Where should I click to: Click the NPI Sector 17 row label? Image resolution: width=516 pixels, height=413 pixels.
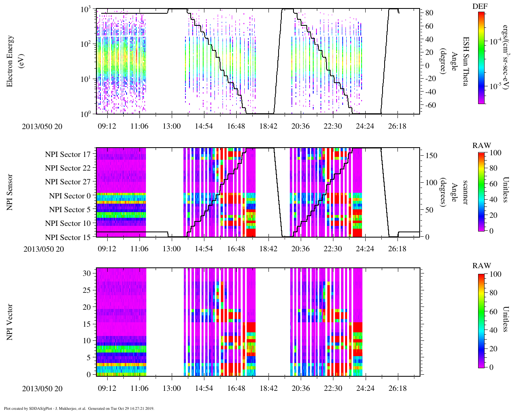coord(68,154)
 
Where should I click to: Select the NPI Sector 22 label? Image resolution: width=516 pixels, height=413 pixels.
coord(68,168)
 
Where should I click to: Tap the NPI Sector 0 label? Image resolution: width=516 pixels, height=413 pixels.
coord(70,196)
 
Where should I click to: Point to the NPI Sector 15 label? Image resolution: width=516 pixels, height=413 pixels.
coord(68,237)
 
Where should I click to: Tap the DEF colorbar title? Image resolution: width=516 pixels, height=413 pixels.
coord(480,6)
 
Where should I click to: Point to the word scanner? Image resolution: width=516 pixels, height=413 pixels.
coord(465,192)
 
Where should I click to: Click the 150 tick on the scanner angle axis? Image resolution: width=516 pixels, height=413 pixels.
coord(431,155)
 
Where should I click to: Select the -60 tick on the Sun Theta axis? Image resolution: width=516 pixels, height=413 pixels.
coord(429,105)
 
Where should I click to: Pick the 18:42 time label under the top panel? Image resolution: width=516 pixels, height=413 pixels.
coord(268,126)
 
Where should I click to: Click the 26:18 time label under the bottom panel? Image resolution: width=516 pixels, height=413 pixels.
coord(397,388)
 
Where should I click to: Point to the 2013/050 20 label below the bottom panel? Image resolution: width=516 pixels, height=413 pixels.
coord(42,388)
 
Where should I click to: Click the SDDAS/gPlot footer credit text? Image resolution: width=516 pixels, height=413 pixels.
coord(79,408)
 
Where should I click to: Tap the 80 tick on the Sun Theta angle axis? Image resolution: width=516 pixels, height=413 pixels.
coord(429,13)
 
